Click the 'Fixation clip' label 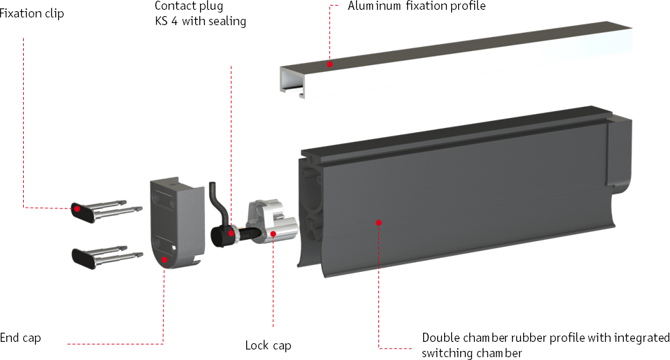click(x=31, y=14)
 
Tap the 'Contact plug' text click(x=188, y=6)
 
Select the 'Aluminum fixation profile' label click(x=417, y=6)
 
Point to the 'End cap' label click(x=20, y=338)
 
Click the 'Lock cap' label click(x=269, y=345)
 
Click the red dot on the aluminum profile click(x=329, y=64)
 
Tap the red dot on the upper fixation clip click(x=77, y=209)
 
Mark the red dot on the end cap click(x=164, y=259)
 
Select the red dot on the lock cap click(x=273, y=233)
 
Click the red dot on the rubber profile click(x=378, y=222)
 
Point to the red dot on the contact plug click(x=231, y=233)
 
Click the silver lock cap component click(x=273, y=222)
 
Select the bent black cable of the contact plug click(x=218, y=203)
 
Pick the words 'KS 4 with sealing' click(x=201, y=21)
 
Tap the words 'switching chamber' click(x=472, y=353)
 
